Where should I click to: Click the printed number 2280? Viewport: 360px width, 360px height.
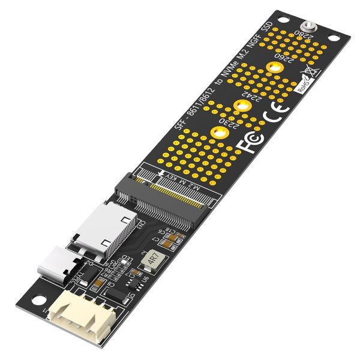tap(298, 38)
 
